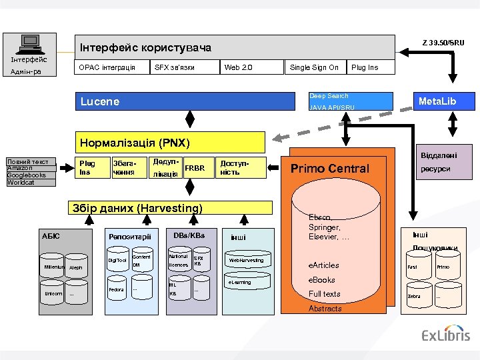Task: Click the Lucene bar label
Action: click(x=100, y=102)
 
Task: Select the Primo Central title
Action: click(x=330, y=169)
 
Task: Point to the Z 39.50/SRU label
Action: click(x=443, y=43)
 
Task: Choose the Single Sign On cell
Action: click(x=314, y=67)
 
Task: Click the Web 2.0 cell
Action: click(x=238, y=67)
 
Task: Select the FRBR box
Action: click(x=195, y=168)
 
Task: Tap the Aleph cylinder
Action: click(x=75, y=267)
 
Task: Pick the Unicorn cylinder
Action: click(x=53, y=293)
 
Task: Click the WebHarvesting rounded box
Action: click(x=246, y=260)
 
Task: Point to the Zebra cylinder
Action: click(x=414, y=296)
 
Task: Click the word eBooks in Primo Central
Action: click(x=321, y=280)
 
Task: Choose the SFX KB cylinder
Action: click(x=198, y=261)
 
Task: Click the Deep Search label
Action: click(x=329, y=96)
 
